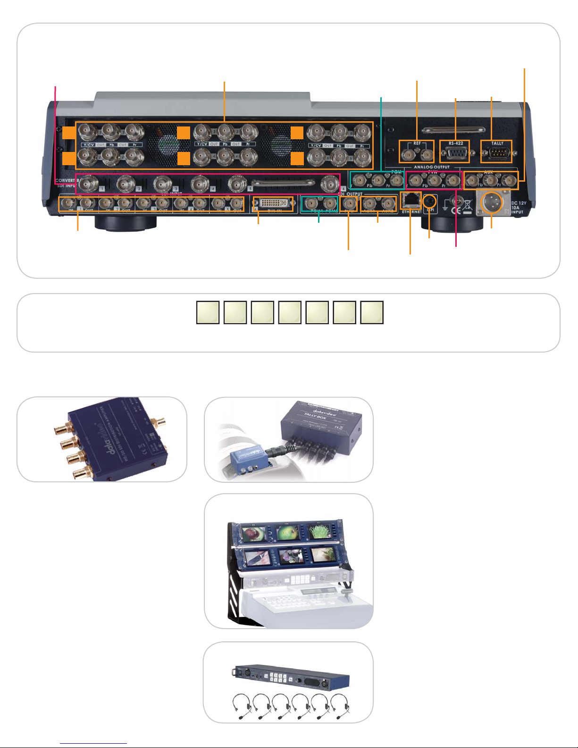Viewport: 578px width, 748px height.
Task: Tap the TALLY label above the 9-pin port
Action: (497, 143)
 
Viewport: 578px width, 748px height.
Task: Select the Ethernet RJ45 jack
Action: (410, 200)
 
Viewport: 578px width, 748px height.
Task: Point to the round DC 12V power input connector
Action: (491, 203)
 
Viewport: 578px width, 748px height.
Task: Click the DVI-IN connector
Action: (273, 203)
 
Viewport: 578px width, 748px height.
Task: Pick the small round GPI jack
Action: (429, 201)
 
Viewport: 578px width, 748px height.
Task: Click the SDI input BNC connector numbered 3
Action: (163, 182)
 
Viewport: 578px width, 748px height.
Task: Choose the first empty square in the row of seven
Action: (208, 312)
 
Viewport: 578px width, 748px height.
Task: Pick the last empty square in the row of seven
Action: (372, 312)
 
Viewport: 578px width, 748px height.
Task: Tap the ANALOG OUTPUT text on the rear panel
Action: (432, 167)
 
